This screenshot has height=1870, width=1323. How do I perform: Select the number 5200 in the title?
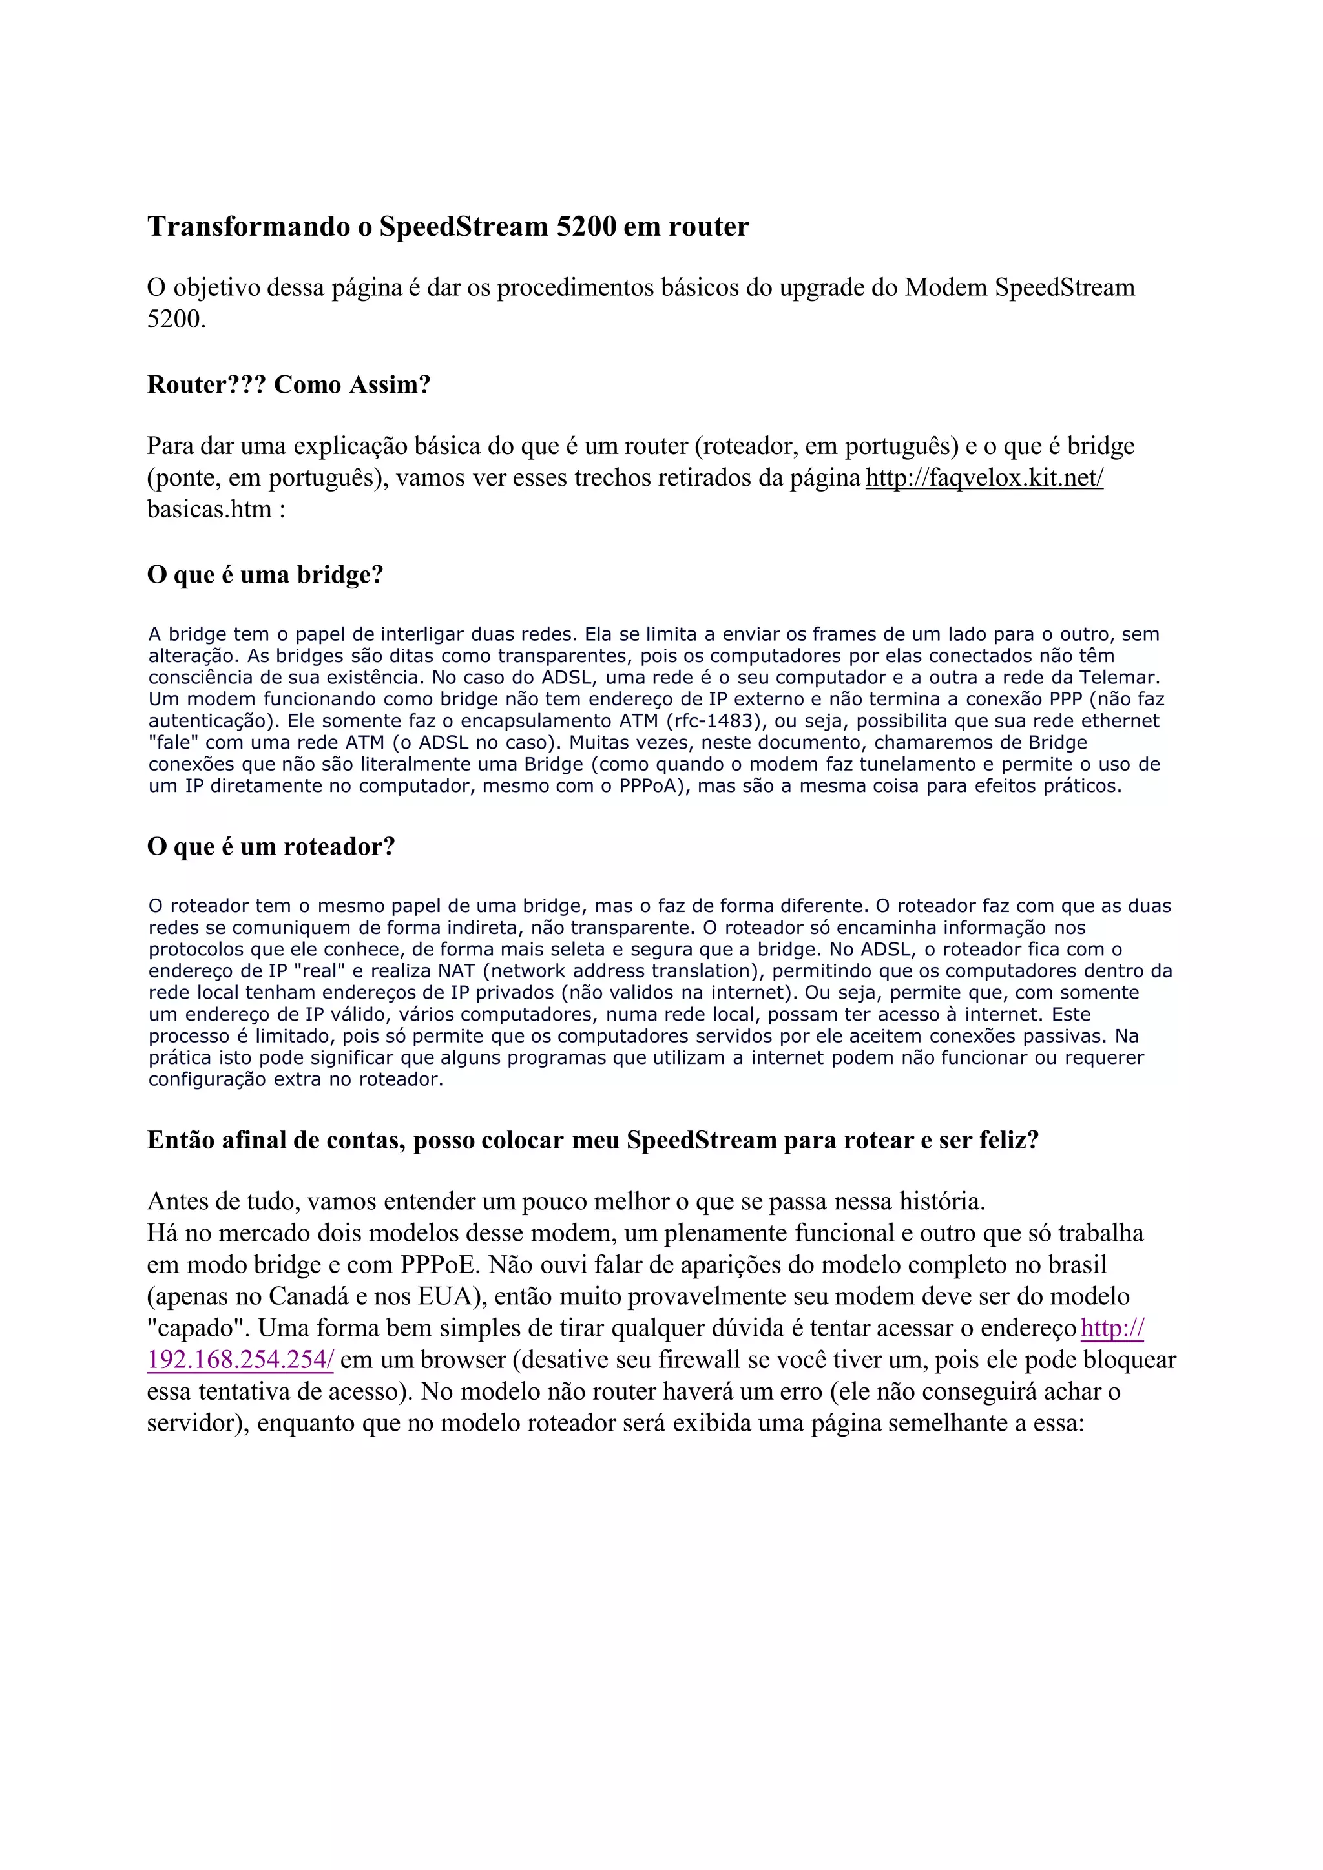click(x=586, y=227)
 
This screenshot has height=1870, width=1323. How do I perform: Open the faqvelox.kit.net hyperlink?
click(x=984, y=477)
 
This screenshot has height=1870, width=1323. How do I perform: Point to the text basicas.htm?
click(x=209, y=509)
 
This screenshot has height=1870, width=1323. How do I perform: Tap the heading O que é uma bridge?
click(x=265, y=575)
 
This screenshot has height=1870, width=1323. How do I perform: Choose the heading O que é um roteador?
click(x=271, y=847)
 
